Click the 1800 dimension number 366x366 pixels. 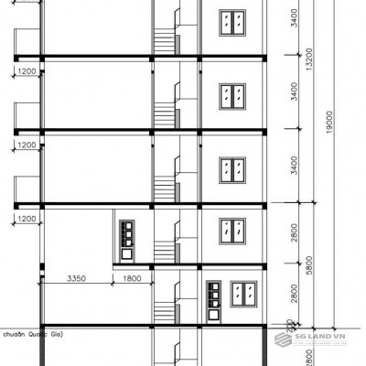click(x=133, y=277)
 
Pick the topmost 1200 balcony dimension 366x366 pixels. click(x=26, y=71)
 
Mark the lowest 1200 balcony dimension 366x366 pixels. click(x=26, y=219)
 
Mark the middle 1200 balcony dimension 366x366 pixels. click(x=26, y=145)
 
